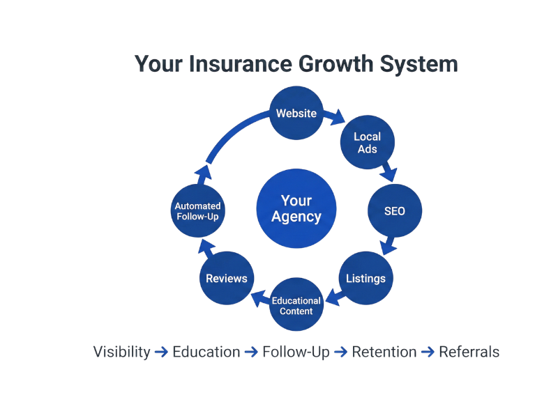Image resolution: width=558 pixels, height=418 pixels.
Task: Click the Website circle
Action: [x=296, y=113]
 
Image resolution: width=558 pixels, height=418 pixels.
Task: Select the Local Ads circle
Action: [x=367, y=143]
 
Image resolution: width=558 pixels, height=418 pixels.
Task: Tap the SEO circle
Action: [x=395, y=210]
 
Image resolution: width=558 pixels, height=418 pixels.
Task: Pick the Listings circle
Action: [x=365, y=278]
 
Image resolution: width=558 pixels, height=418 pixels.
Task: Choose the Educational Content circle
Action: [x=296, y=305]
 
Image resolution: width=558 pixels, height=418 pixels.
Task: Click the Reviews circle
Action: [x=226, y=278]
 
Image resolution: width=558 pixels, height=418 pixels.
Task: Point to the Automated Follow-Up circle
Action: [x=198, y=210]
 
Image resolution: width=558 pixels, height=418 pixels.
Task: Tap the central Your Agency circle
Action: [x=296, y=209]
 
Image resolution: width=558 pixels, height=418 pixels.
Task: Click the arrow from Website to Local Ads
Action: [x=335, y=116]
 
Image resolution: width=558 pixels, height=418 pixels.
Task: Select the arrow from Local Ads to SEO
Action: [x=389, y=171]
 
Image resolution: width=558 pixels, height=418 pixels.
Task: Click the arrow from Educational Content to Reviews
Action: [x=259, y=298]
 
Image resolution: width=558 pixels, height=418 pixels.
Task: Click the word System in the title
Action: [x=419, y=64]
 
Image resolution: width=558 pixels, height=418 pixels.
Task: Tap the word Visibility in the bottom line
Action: [x=121, y=352]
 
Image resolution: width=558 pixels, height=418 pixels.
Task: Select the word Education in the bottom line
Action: [x=206, y=352]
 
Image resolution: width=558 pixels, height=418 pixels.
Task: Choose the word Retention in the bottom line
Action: [x=384, y=352]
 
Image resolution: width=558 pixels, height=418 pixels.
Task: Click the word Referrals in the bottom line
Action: [x=469, y=352]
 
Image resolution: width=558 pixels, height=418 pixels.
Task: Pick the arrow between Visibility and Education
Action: [x=161, y=352]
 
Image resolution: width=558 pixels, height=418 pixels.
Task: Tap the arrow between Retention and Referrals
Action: [x=428, y=352]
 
